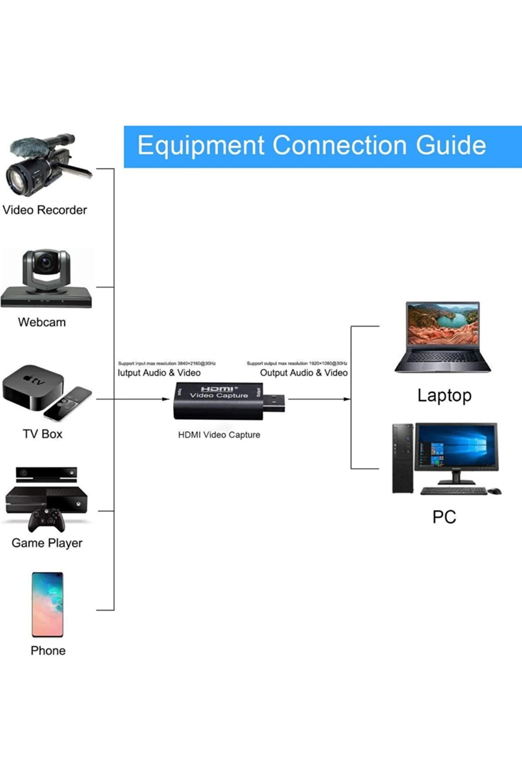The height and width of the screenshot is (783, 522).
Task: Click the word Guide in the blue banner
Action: [x=451, y=146]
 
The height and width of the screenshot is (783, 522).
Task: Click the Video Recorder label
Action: [x=45, y=210]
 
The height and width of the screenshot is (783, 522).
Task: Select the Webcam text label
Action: [x=42, y=322]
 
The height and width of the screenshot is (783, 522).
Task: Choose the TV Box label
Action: [x=42, y=434]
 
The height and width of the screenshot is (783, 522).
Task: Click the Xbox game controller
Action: [x=47, y=519]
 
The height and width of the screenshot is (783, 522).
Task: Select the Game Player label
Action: [x=47, y=543]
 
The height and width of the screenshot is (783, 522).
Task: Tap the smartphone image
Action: [x=47, y=604]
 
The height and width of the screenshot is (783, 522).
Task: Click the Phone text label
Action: [x=48, y=651]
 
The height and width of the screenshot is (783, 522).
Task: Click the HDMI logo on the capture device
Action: [x=217, y=389]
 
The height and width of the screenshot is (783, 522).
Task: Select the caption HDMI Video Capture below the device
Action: [x=219, y=435]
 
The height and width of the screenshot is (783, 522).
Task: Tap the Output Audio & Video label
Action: [x=304, y=373]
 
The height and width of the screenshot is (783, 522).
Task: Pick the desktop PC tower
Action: [x=402, y=458]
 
